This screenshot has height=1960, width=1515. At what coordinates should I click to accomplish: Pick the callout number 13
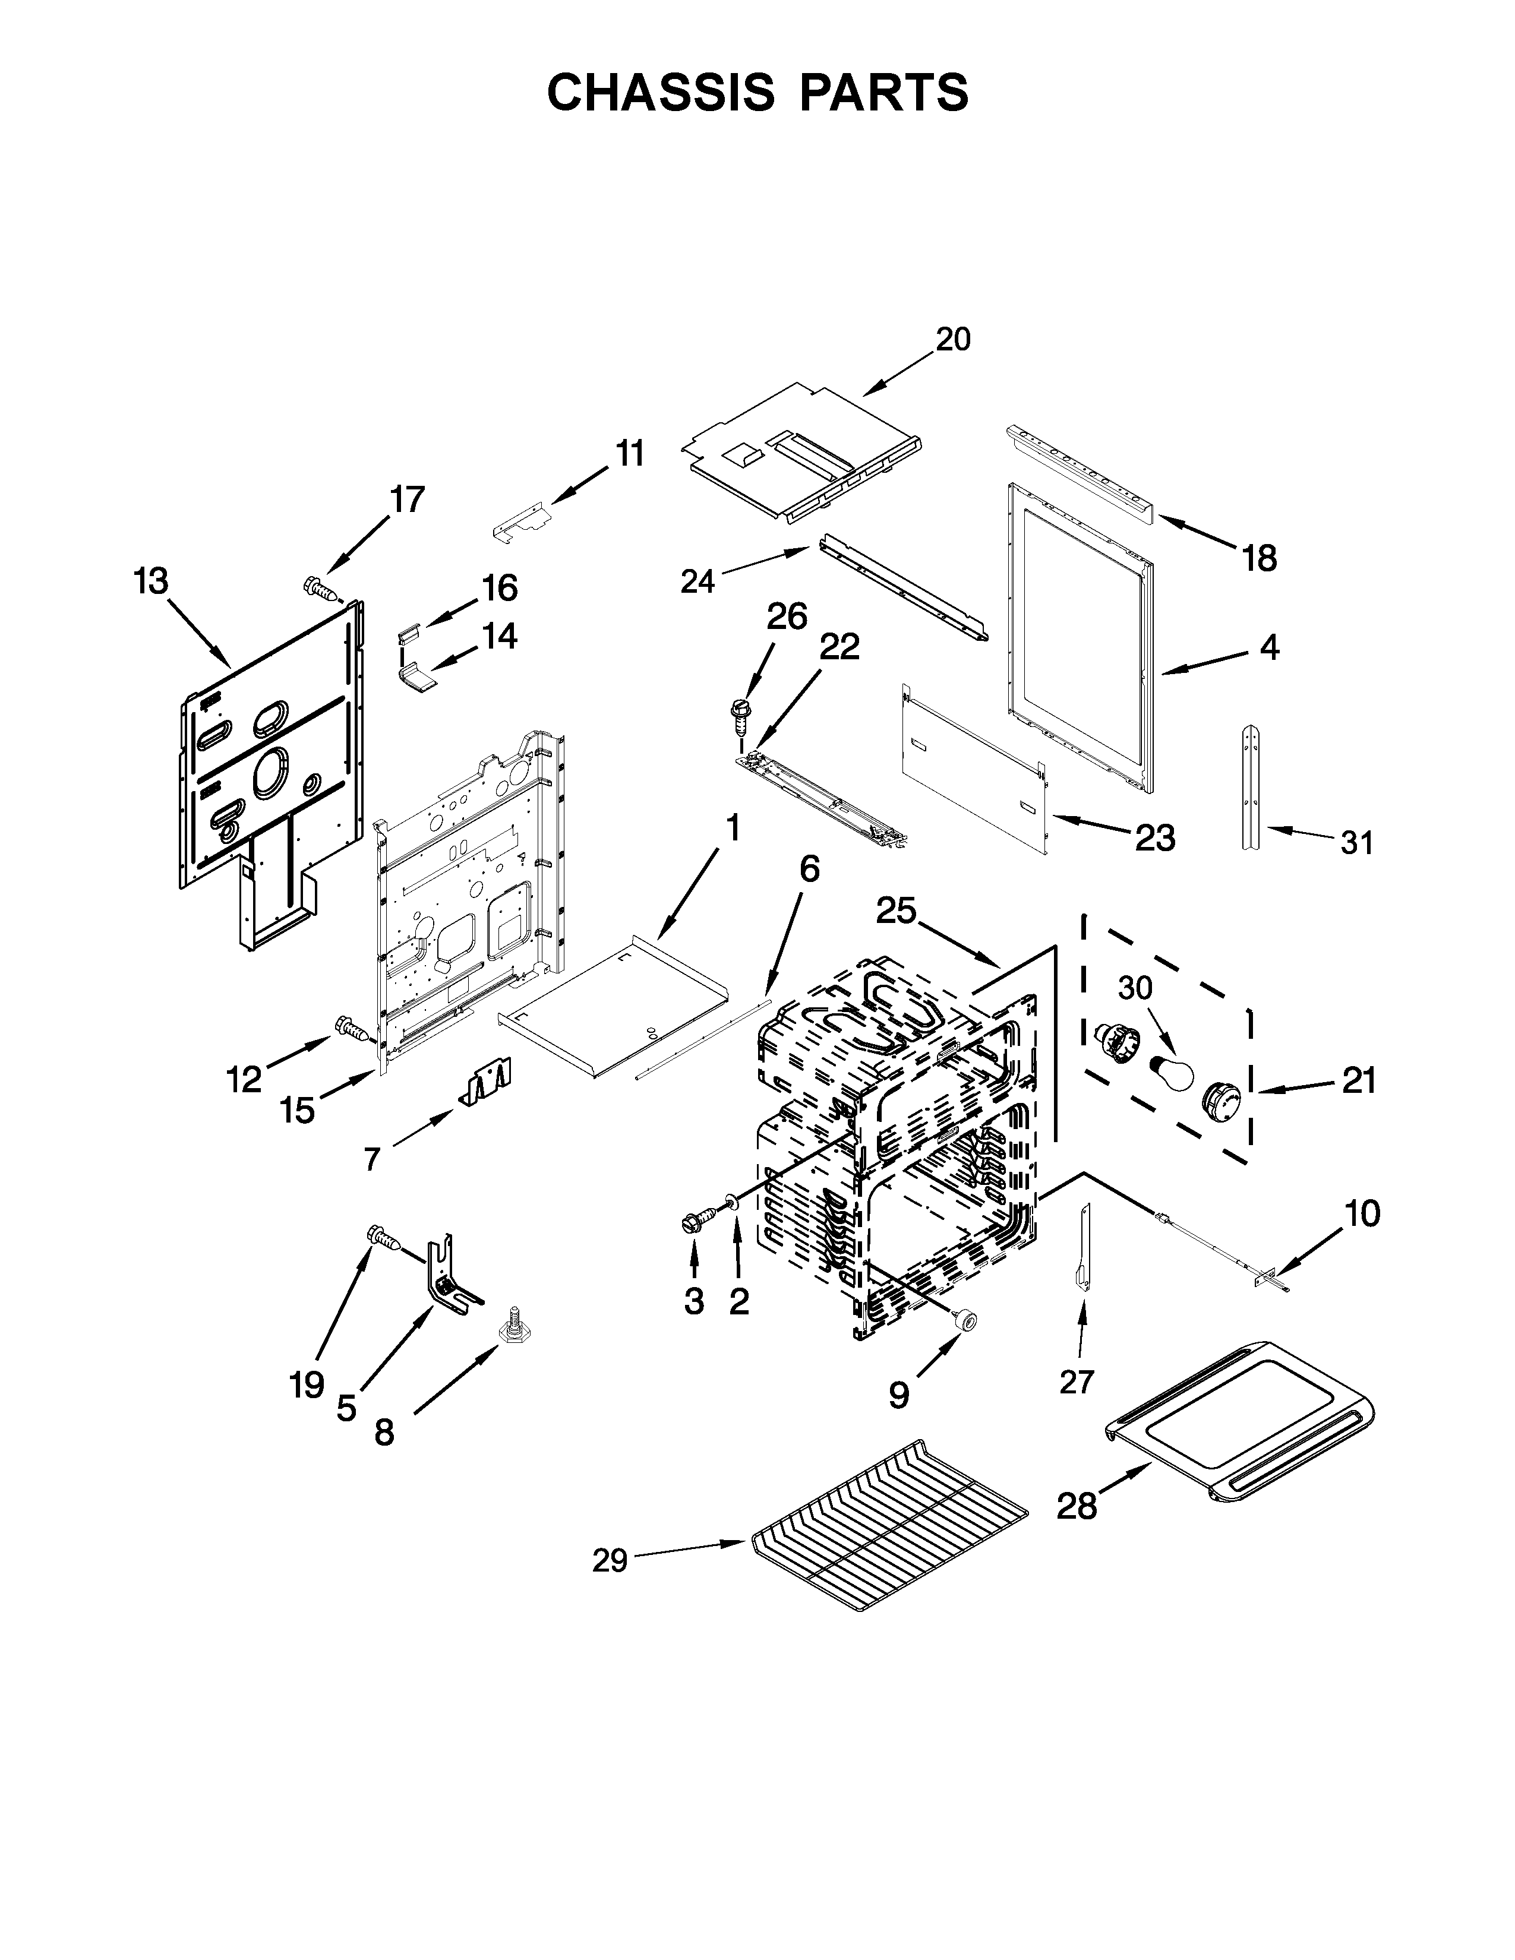[151, 581]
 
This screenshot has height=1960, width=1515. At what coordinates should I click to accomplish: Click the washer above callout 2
[733, 1201]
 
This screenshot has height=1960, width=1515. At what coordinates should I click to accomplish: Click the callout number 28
[1076, 1506]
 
